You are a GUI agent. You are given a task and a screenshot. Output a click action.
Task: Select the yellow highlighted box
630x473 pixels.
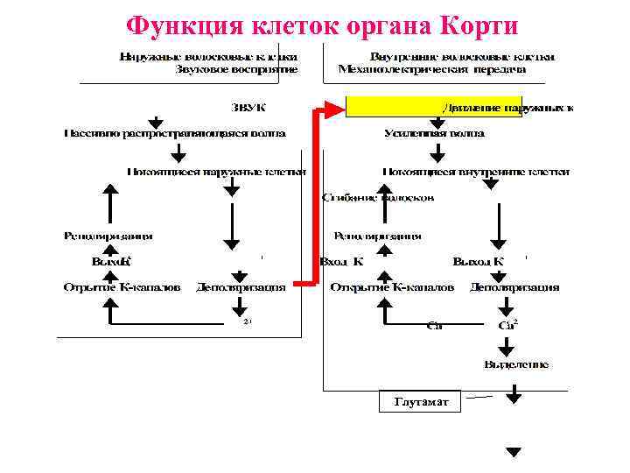434,107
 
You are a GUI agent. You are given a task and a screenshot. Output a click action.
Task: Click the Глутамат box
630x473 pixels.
422,402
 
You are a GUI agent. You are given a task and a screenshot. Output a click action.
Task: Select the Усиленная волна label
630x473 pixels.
434,133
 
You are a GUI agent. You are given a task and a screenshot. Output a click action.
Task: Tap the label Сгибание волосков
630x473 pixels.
378,198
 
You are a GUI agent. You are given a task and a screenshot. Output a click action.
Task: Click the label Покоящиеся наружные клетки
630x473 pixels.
216,172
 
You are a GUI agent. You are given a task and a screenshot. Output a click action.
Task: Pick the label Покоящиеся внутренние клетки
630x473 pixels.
476,172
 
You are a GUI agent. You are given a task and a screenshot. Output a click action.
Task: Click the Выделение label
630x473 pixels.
516,364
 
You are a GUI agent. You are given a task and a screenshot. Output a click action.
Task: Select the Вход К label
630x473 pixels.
342,261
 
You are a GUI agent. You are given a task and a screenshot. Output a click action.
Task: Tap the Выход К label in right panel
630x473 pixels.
478,261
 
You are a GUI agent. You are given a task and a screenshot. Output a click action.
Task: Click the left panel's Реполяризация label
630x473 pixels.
108,236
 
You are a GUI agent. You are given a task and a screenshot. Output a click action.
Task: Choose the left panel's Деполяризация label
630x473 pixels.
241,286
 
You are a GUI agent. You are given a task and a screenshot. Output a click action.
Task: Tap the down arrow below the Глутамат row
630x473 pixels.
514,452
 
